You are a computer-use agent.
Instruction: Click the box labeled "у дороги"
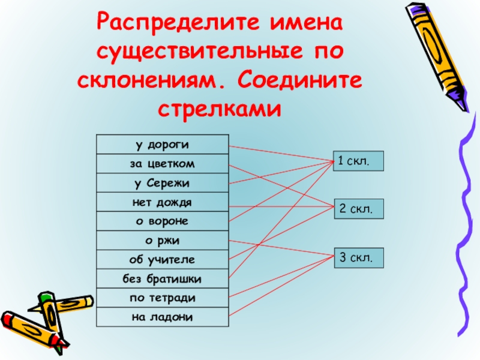(162, 145)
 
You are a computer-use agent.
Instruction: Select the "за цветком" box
(162, 164)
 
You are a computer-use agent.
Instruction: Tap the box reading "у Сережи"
(162, 183)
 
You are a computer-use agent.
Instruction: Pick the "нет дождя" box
(162, 202)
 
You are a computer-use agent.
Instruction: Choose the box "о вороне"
(162, 221)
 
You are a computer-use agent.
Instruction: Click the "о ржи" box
(162, 241)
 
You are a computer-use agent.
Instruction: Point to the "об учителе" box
(162, 260)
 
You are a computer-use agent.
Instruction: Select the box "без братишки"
(162, 279)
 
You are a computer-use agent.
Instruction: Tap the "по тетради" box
(162, 298)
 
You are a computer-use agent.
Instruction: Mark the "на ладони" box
(162, 317)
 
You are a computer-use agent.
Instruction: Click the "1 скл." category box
(358, 161)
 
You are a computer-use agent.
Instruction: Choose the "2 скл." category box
(358, 209)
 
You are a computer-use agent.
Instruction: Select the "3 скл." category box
(358, 258)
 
